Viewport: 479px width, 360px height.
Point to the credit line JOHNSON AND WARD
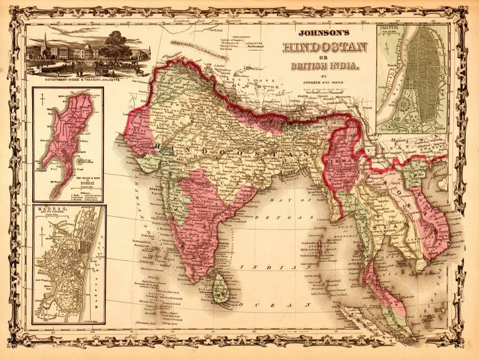(325, 81)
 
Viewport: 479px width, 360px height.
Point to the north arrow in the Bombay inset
(42, 100)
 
